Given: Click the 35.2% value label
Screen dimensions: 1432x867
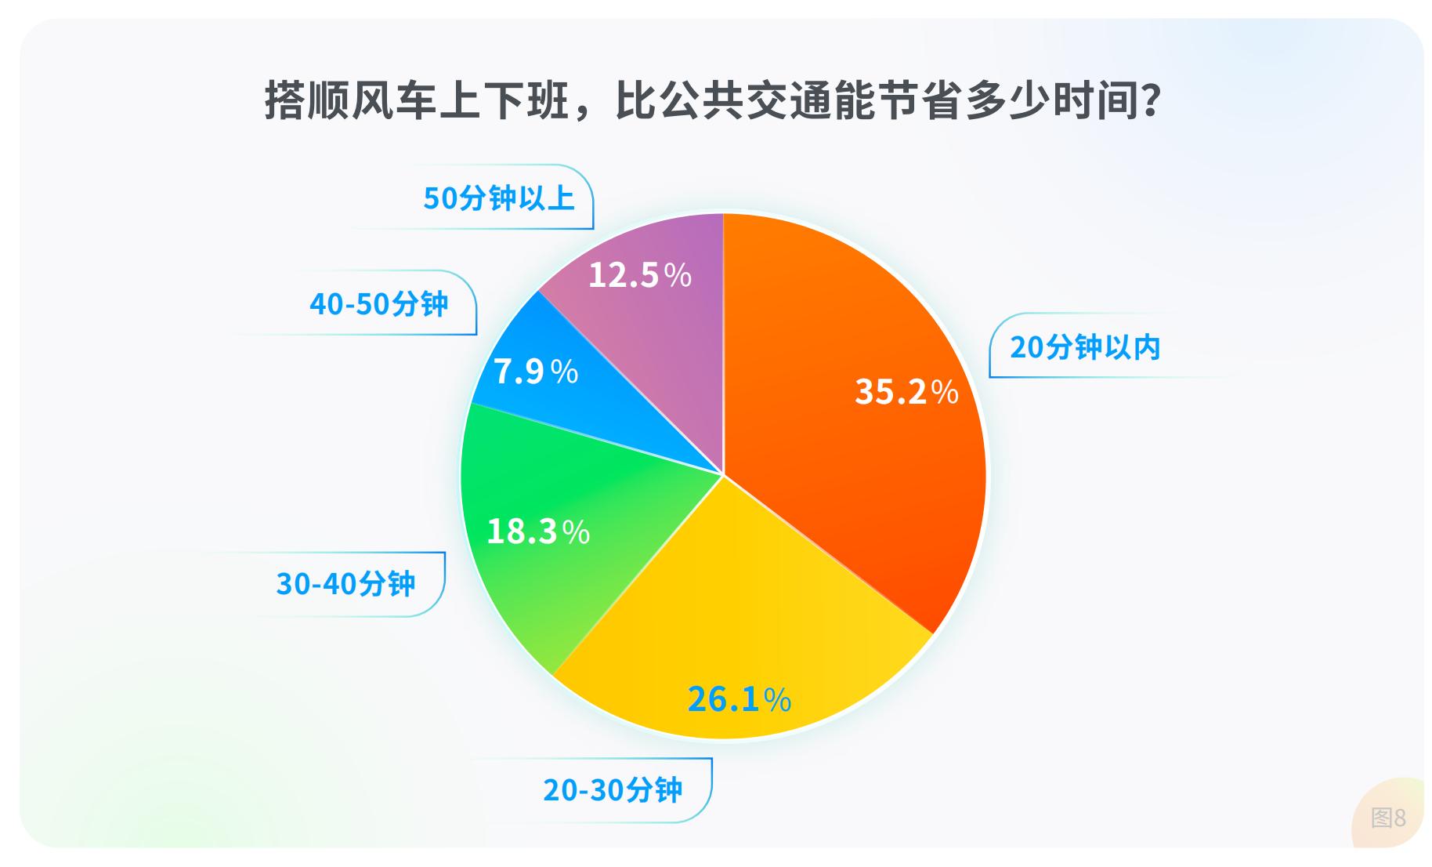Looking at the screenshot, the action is [x=906, y=391].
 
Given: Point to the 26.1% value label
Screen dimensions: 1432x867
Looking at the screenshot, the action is [x=739, y=698].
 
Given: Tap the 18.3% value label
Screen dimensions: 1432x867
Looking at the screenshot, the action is [x=538, y=531].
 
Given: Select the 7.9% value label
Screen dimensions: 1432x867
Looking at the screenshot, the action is [x=536, y=371].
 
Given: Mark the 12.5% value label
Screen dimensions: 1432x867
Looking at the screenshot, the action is [x=640, y=275].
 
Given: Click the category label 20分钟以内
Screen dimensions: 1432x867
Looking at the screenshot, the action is [x=1085, y=347].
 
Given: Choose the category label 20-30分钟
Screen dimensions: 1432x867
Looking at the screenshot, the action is [x=613, y=790].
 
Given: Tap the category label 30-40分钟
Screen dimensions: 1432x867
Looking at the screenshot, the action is [x=345, y=584].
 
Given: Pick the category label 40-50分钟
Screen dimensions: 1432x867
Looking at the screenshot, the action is [x=378, y=304].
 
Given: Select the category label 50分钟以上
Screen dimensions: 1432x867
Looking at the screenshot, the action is [x=499, y=198].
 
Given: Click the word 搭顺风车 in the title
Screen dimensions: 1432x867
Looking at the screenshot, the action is [x=350, y=101].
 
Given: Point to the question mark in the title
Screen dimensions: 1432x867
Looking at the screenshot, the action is [x=1150, y=101].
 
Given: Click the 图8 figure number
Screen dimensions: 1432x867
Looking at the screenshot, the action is [x=1388, y=818].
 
